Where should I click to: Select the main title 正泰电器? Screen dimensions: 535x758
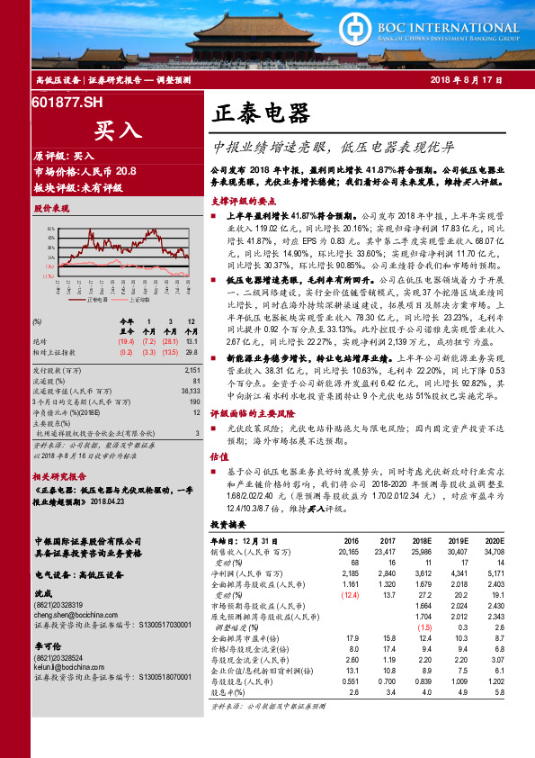262,113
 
